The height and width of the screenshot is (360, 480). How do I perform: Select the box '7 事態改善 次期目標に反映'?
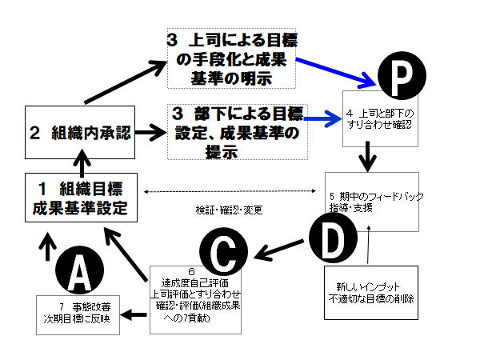(x=78, y=314)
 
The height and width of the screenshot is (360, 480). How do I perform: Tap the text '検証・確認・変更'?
(x=230, y=210)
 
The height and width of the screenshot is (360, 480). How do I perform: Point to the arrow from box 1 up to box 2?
(x=81, y=163)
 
